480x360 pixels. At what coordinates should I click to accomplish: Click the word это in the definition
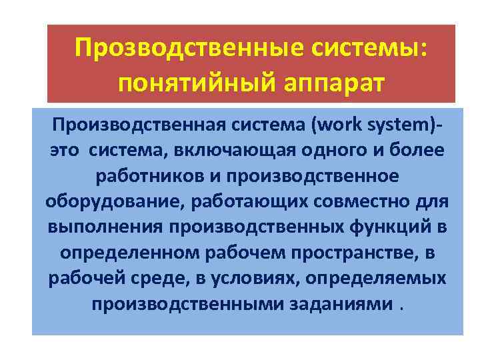tap(65, 151)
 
